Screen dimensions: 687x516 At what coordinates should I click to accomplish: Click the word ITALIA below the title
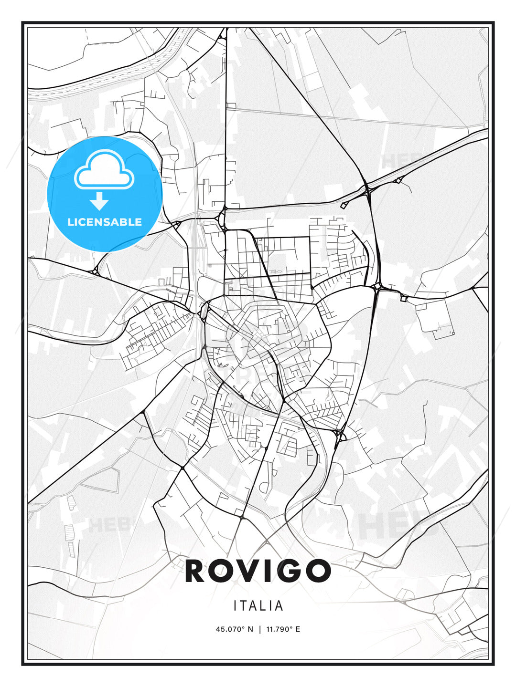(258, 606)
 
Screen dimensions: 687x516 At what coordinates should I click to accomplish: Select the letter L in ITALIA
(264, 606)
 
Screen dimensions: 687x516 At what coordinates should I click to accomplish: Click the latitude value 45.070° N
(234, 629)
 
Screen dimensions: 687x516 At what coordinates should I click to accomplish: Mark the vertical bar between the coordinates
(260, 629)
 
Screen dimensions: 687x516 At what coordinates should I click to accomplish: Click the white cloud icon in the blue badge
(104, 170)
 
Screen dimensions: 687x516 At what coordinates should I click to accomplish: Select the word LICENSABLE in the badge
(105, 222)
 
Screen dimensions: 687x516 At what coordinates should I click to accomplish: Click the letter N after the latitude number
(250, 629)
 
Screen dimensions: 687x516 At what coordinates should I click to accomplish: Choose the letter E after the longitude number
(298, 629)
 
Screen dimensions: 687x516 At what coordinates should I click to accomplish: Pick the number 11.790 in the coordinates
(277, 629)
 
